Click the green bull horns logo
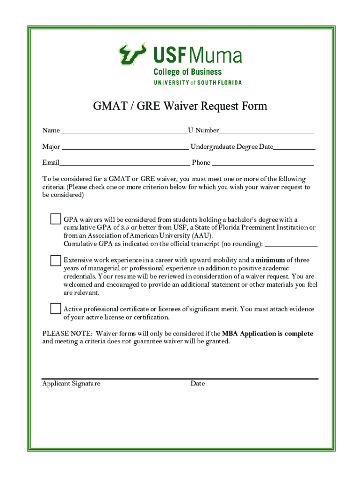(x=132, y=54)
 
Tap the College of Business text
(x=187, y=72)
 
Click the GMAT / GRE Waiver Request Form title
(x=180, y=106)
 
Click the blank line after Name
(x=124, y=131)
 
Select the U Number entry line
(x=266, y=131)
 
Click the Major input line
(x=125, y=148)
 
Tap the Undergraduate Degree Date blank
(x=294, y=148)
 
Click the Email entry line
(x=124, y=164)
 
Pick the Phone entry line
(x=263, y=164)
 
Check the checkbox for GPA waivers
(x=56, y=219)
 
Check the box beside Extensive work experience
(x=56, y=260)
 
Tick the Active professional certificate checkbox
(x=56, y=308)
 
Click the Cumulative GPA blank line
(x=291, y=244)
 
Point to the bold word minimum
(x=270, y=260)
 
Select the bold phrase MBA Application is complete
(x=267, y=334)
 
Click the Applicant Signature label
(x=71, y=384)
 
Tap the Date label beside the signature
(x=197, y=384)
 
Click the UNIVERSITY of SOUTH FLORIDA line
(x=198, y=82)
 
